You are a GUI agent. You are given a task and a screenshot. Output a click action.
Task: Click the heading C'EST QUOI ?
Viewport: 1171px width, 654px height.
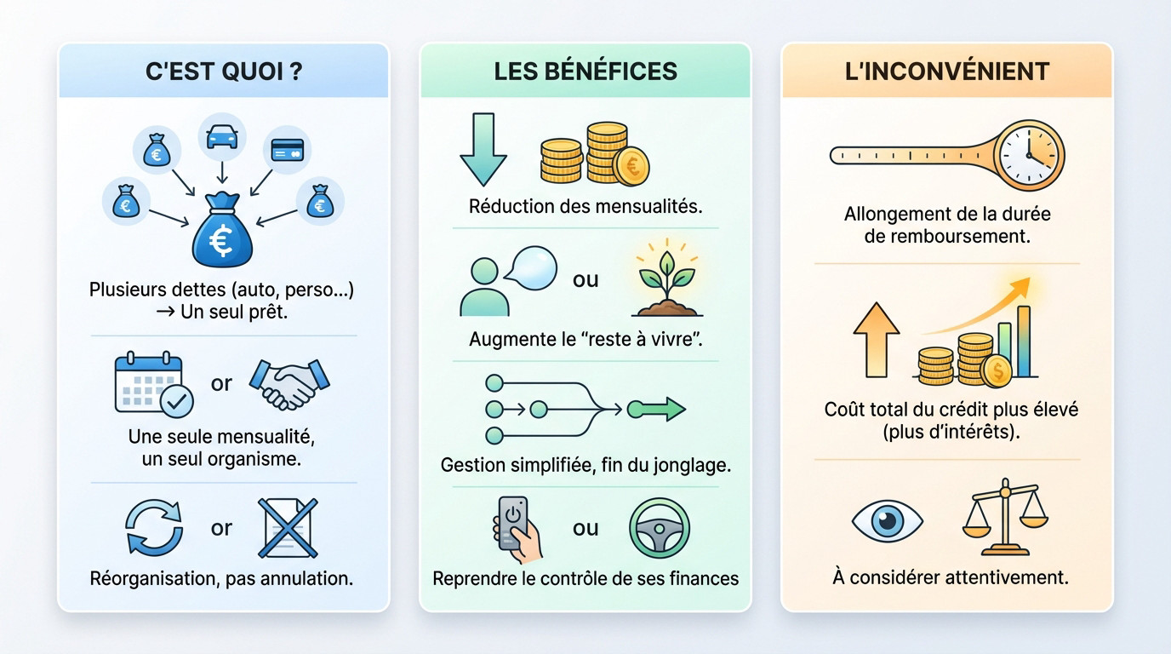click(x=223, y=71)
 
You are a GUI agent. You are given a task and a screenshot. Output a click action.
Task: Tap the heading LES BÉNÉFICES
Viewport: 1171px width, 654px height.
click(x=585, y=71)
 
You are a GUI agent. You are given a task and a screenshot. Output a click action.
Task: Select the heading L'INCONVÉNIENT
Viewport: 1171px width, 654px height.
click(x=946, y=71)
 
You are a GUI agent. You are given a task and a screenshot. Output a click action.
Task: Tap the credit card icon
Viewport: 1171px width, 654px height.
click(x=288, y=151)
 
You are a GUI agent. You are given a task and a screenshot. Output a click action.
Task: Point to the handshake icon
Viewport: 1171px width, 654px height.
click(x=288, y=383)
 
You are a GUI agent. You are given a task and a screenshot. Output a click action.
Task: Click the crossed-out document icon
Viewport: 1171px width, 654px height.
click(x=288, y=528)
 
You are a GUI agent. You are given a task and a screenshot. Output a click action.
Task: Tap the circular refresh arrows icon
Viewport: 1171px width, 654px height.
click(x=154, y=528)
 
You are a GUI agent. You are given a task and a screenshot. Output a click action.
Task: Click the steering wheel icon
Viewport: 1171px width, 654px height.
click(x=659, y=528)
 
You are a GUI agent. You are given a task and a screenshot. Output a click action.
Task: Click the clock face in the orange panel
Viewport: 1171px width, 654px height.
click(x=1030, y=155)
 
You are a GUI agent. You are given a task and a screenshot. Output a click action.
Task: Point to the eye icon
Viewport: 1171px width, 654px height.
click(x=887, y=521)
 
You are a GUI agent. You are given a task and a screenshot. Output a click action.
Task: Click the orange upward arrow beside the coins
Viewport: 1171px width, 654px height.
click(x=876, y=340)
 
